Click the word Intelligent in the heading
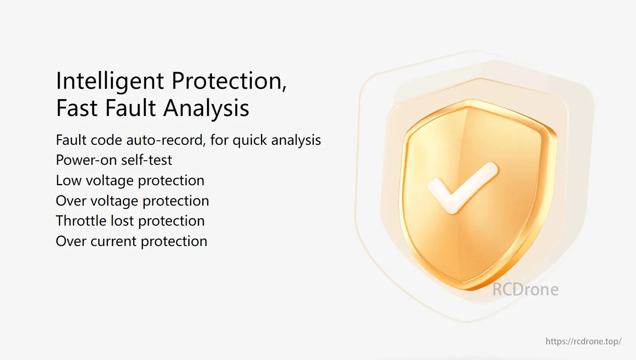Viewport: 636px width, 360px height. (110, 82)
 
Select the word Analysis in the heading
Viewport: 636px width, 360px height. (206, 109)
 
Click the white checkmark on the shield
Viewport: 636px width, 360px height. (463, 188)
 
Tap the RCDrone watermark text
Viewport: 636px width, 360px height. (525, 290)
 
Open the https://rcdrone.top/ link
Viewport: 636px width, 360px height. (584, 341)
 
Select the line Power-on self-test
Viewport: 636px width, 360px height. (114, 160)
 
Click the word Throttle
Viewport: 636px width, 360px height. (81, 221)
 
